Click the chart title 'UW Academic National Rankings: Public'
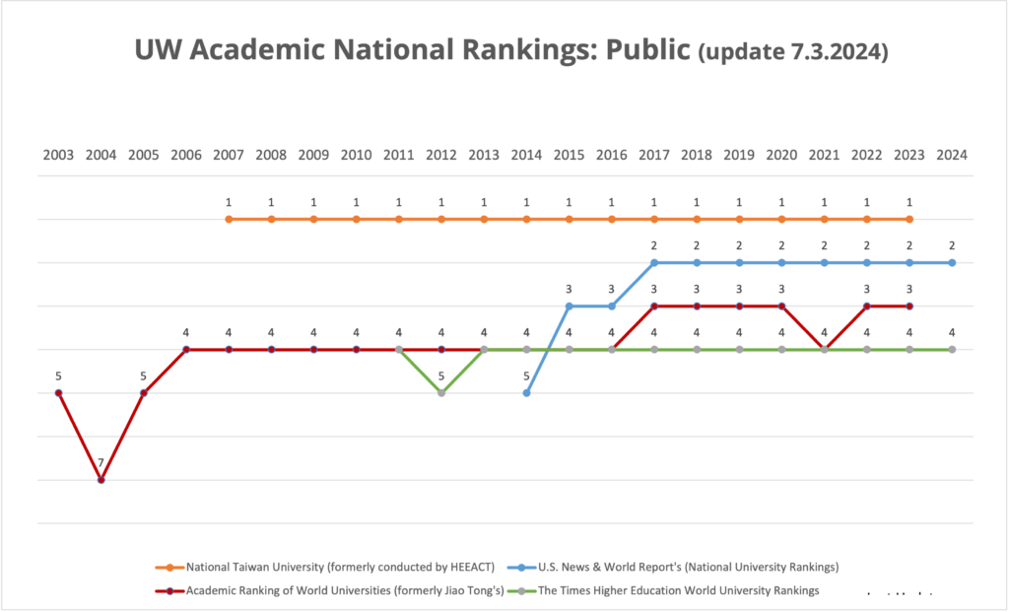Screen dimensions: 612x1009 (411, 51)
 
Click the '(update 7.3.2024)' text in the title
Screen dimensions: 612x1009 (792, 53)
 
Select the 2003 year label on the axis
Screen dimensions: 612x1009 (58, 155)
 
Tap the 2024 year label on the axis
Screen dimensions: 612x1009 (952, 155)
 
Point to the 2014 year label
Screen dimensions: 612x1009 (526, 155)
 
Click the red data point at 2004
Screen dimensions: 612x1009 (101, 480)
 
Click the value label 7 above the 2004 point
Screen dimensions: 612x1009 (101, 462)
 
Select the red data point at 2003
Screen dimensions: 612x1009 (58, 393)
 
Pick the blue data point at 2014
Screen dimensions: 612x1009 (526, 393)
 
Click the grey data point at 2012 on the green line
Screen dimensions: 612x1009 (441, 393)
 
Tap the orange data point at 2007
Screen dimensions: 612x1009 (229, 219)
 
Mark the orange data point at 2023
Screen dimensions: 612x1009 (909, 219)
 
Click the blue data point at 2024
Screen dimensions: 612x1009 (952, 263)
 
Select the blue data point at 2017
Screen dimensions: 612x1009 (654, 263)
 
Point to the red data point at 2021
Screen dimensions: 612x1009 (825, 350)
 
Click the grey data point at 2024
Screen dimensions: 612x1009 (952, 350)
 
